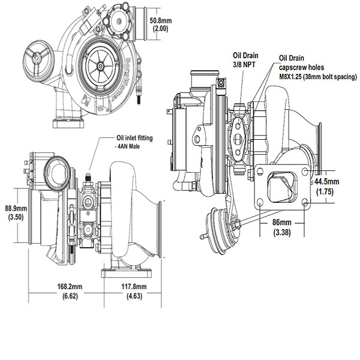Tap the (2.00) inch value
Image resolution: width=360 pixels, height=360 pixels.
coord(161,28)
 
